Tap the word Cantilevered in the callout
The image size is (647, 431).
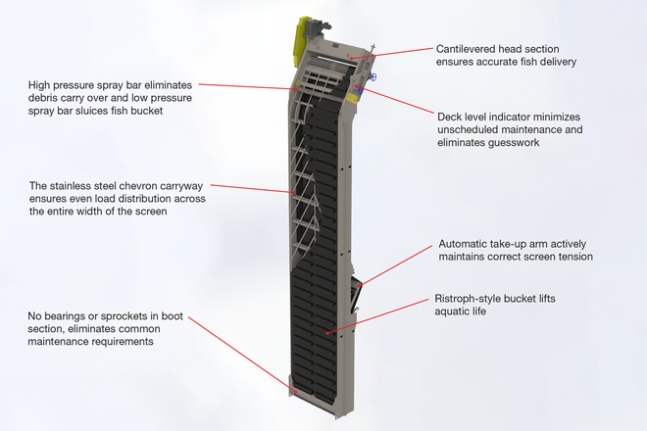468,46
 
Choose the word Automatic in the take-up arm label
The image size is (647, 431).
467,244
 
